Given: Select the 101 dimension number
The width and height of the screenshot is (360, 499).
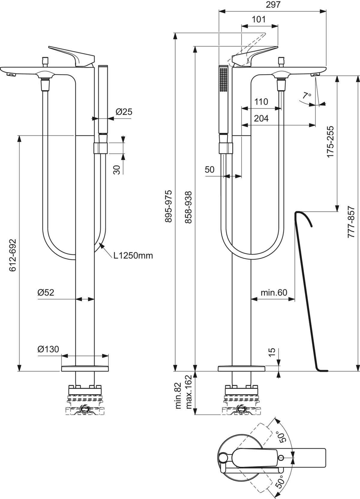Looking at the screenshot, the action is (x=259, y=19).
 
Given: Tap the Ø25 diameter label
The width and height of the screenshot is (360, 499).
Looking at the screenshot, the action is (x=124, y=112).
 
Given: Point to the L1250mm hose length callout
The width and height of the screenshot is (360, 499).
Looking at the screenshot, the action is (x=133, y=255).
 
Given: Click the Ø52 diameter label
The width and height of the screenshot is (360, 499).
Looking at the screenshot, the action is (x=46, y=292).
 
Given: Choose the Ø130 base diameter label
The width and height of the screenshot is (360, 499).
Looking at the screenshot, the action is (x=48, y=349).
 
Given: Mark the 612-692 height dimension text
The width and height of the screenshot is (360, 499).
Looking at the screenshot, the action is (x=13, y=255).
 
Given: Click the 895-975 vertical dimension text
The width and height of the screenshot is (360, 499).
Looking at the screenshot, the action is (x=168, y=206).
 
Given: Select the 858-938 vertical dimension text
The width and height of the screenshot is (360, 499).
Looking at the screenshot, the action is (x=188, y=207).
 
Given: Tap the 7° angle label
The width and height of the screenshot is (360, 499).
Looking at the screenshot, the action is (x=307, y=96).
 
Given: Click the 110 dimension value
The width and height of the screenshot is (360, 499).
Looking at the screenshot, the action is (x=261, y=102).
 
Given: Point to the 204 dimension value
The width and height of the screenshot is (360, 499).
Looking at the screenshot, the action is (x=261, y=118).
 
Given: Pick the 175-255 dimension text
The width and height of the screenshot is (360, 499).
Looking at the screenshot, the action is (x=330, y=142).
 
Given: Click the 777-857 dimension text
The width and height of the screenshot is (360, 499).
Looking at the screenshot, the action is (x=351, y=222).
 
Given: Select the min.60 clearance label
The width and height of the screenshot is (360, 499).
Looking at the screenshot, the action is (x=274, y=292).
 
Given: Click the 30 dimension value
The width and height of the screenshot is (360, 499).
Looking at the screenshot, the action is (x=117, y=170).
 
